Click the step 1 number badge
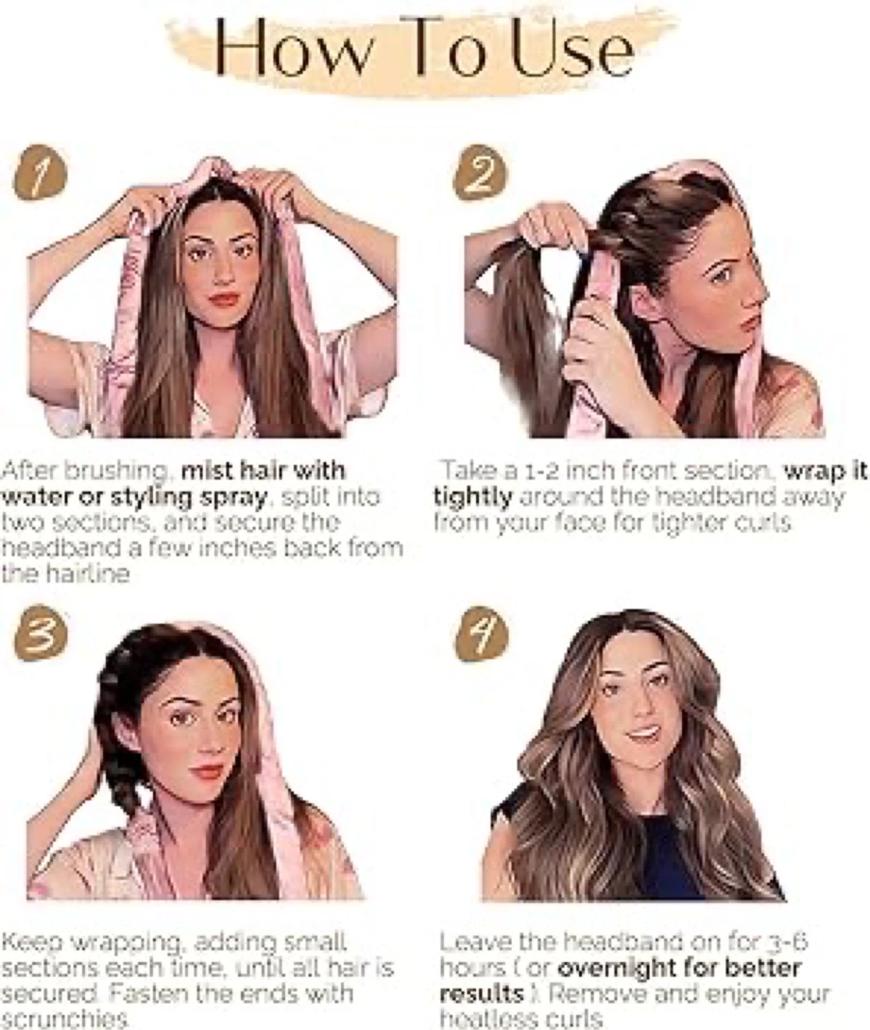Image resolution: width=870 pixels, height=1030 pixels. (39, 173)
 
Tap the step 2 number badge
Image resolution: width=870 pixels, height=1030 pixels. (479, 172)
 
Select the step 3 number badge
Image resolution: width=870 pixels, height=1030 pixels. (39, 633)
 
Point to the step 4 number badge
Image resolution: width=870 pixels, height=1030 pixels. (481, 634)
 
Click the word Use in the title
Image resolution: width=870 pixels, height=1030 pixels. (573, 52)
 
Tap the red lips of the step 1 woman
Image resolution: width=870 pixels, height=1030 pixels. (224, 300)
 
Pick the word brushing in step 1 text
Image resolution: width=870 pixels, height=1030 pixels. (117, 471)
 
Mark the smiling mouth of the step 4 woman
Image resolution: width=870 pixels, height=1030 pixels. (643, 733)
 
